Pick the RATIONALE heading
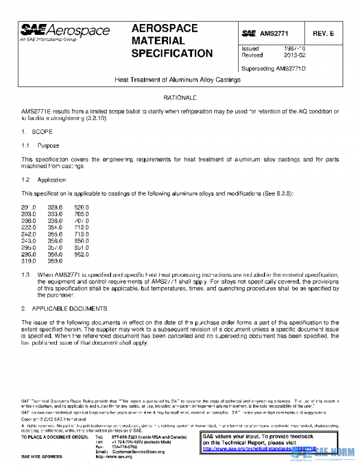pos(179,97)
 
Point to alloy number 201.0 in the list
pos(29,207)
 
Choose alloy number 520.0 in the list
pos(81,207)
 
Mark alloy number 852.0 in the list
pos(81,254)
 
